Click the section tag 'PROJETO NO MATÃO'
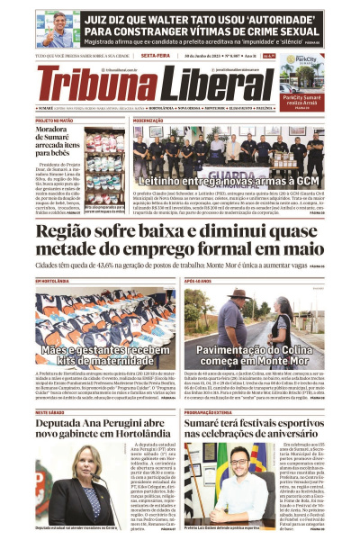(x=54, y=120)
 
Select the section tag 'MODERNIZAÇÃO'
(x=149, y=120)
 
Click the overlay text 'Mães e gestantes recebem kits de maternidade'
(x=99, y=354)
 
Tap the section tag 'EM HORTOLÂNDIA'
(x=52, y=281)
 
